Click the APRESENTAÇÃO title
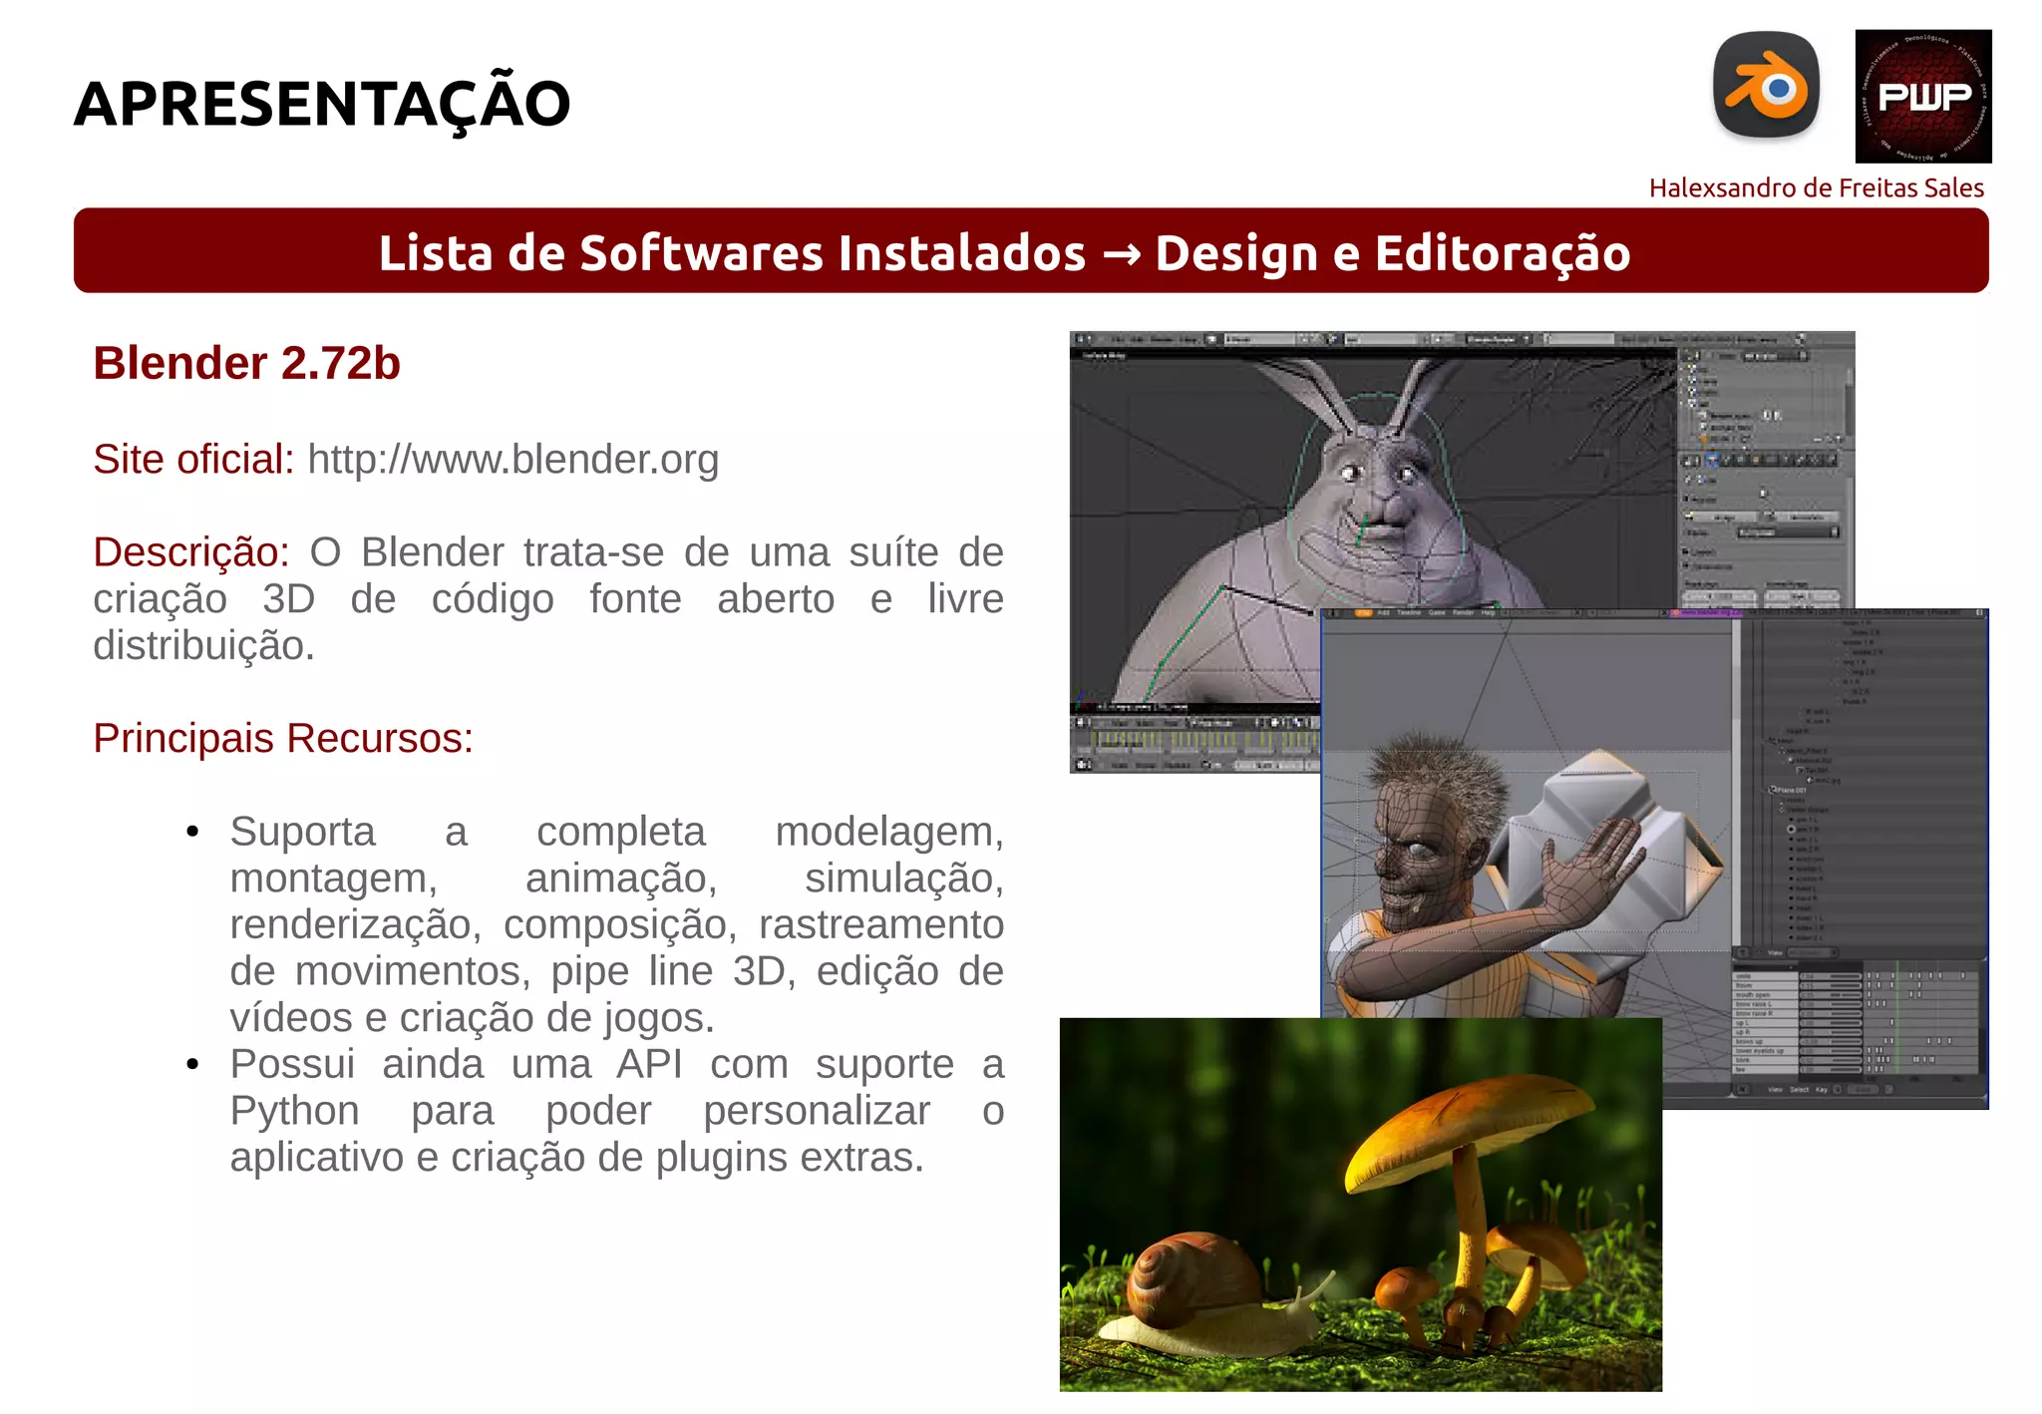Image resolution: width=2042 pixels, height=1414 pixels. click(322, 104)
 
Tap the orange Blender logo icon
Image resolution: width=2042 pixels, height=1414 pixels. click(1766, 87)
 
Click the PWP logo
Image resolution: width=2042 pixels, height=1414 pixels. click(1922, 96)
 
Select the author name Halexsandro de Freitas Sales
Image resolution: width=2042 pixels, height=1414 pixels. click(1816, 187)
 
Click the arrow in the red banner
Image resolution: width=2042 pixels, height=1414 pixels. click(1121, 254)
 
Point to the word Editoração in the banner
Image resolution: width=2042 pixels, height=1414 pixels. click(1503, 253)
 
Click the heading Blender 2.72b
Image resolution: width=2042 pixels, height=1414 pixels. click(246, 363)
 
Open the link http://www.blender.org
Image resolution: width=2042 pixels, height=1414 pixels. click(512, 460)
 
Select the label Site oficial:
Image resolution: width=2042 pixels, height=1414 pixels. click(193, 460)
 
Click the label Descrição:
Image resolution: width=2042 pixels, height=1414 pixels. click(190, 552)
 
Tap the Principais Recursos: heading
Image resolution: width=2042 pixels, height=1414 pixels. click(283, 739)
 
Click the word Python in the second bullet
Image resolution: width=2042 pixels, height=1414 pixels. click(294, 1111)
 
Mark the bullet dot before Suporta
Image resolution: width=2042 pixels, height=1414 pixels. click(192, 832)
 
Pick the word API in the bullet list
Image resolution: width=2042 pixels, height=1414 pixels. click(649, 1064)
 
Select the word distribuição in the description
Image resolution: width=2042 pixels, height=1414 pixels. click(203, 646)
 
